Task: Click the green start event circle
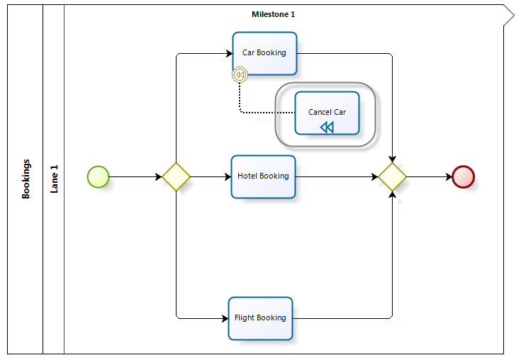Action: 98,176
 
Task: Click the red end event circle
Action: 463,176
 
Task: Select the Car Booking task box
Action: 264,53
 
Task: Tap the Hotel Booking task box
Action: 263,176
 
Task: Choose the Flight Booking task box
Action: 260,318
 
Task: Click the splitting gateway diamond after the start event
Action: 176,176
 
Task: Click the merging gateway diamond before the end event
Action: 392,176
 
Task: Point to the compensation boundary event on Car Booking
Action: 240,74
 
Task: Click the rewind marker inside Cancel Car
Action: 327,127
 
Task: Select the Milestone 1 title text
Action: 274,14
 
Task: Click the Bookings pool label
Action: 26,179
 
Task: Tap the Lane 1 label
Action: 54,179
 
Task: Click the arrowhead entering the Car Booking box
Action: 229,53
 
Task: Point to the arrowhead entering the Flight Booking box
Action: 225,318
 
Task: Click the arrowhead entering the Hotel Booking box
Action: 228,176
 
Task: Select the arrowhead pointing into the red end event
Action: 448,176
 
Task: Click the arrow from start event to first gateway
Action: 135,176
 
